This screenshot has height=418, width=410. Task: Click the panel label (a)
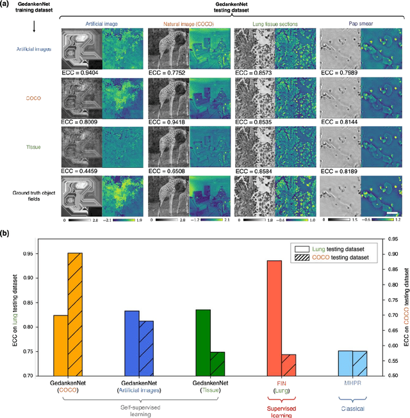10,5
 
